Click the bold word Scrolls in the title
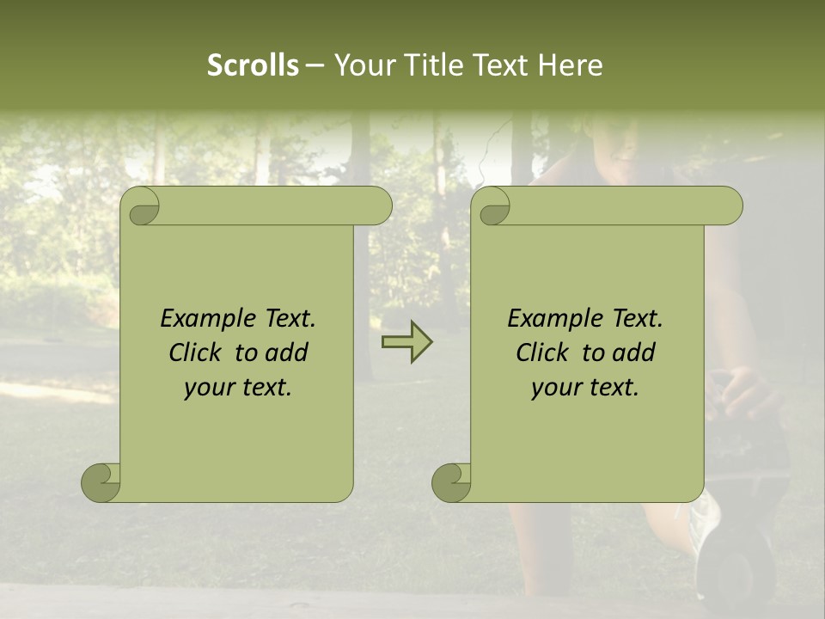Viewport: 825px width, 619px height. tap(253, 65)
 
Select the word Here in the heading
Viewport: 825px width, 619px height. tap(571, 65)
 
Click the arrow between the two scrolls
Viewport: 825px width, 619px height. tap(406, 341)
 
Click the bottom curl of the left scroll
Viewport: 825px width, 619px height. tap(101, 482)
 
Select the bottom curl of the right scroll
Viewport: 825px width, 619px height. tap(451, 482)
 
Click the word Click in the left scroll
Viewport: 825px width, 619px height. tap(196, 352)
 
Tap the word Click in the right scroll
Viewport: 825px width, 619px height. tap(543, 352)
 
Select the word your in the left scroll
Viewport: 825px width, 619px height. tap(209, 388)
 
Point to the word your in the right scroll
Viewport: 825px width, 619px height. tap(556, 388)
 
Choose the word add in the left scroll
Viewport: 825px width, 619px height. tap(289, 352)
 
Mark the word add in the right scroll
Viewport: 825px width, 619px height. tap(636, 352)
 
